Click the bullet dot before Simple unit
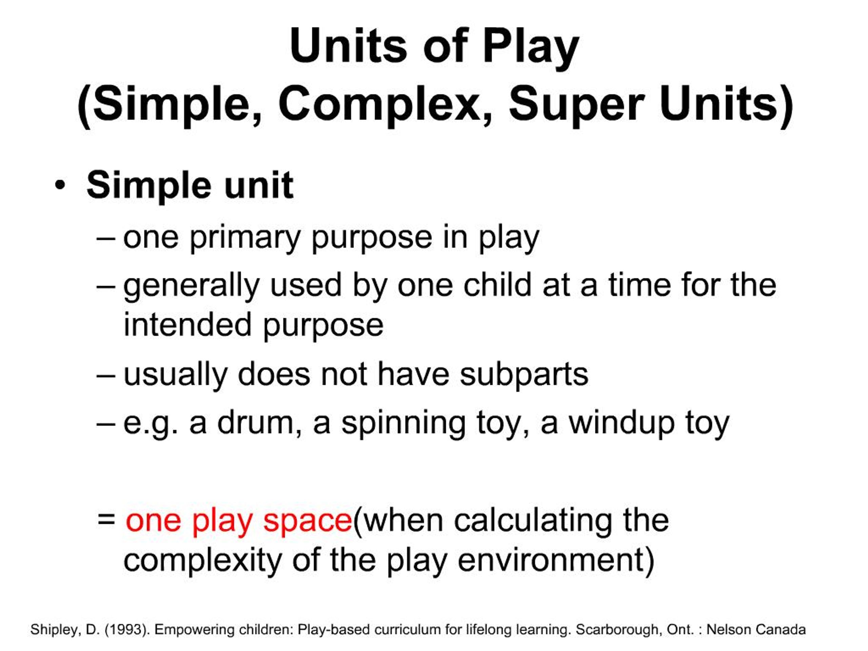(x=60, y=185)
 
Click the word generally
(x=192, y=286)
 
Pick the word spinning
(x=403, y=424)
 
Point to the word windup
(x=622, y=424)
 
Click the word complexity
(x=202, y=561)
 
